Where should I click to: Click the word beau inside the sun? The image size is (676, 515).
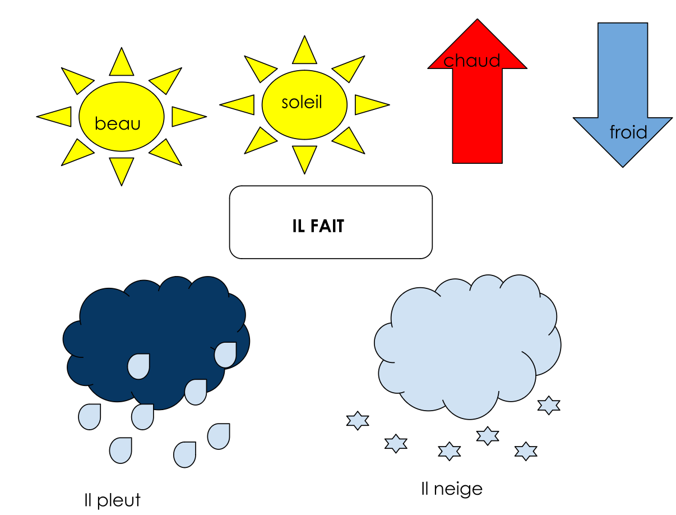coord(117,123)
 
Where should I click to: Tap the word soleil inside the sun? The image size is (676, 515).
coord(302,102)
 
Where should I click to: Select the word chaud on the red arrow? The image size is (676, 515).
coord(472,61)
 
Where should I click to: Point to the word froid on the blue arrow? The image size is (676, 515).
coord(628,132)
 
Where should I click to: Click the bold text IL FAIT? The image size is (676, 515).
coord(318,226)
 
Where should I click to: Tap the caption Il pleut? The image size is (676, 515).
coord(112,500)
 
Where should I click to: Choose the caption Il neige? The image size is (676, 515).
coord(451,489)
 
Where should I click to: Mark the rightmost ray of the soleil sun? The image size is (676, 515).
coord(369,104)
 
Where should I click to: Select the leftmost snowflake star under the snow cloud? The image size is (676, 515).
coord(357,420)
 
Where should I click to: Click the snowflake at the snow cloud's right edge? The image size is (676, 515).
coord(549,405)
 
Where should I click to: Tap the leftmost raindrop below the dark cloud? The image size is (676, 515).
coord(90,417)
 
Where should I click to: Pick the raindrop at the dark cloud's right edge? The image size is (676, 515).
coord(225,355)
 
